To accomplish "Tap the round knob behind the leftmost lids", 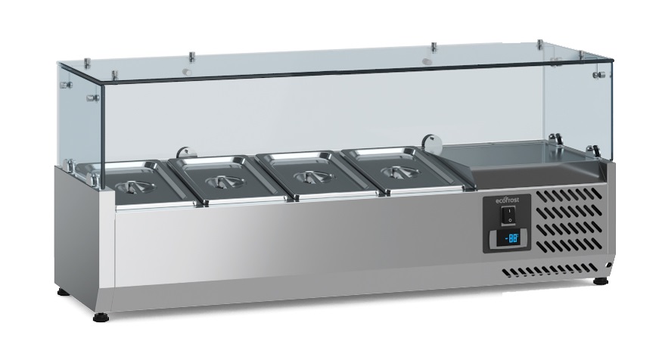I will coord(182,151).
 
